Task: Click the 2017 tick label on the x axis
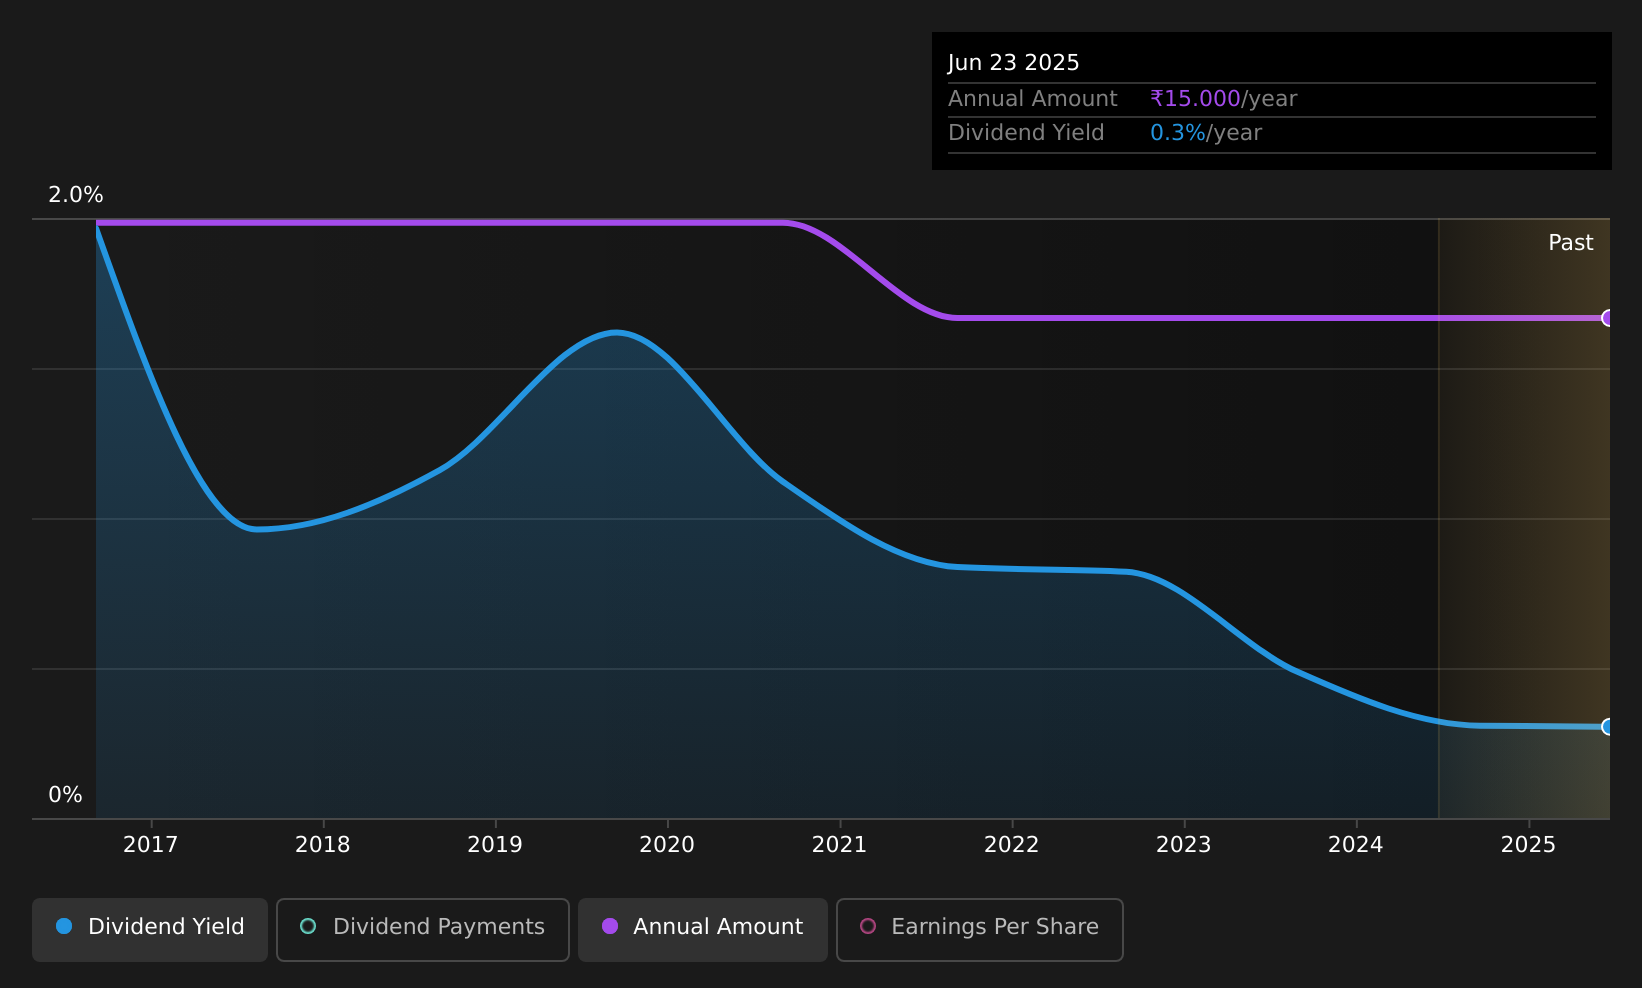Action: pyautogui.click(x=150, y=845)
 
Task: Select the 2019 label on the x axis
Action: pyautogui.click(x=495, y=845)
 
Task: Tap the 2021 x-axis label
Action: pyautogui.click(x=839, y=845)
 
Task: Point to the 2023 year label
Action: pyautogui.click(x=1184, y=845)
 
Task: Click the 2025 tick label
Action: pyautogui.click(x=1528, y=845)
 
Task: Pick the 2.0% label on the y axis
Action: pyautogui.click(x=76, y=195)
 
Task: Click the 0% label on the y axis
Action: pyautogui.click(x=65, y=795)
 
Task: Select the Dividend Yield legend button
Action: pyautogui.click(x=150, y=929)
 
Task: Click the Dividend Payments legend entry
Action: pyautogui.click(x=423, y=929)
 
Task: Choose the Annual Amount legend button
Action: pyautogui.click(x=702, y=929)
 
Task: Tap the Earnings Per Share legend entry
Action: pyautogui.click(x=979, y=929)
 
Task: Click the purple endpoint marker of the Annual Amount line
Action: pyautogui.click(x=1608, y=318)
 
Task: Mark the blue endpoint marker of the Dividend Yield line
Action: pyautogui.click(x=1608, y=727)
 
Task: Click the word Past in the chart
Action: pyautogui.click(x=1570, y=243)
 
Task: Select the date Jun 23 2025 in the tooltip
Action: pyautogui.click(x=1013, y=63)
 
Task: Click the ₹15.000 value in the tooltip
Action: pyautogui.click(x=1195, y=99)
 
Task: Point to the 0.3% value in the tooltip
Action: pyautogui.click(x=1177, y=133)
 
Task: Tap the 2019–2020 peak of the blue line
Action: pyautogui.click(x=616, y=333)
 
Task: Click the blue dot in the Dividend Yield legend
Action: pyautogui.click(x=64, y=926)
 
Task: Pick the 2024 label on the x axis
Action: pyautogui.click(x=1356, y=845)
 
